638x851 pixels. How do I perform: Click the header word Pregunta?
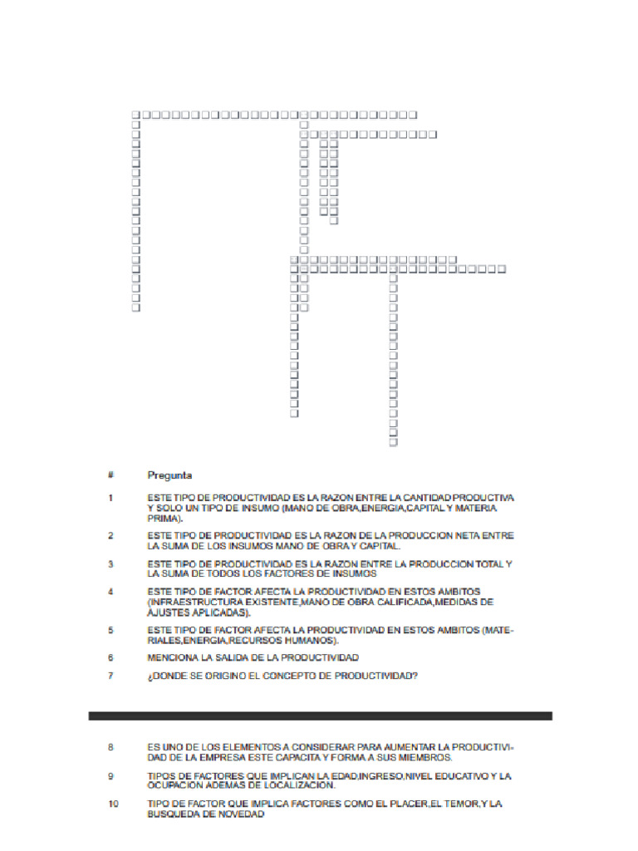[x=169, y=475]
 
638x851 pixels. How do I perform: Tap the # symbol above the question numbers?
[x=110, y=475]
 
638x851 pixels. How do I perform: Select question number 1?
[x=110, y=498]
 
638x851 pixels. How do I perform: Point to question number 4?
[x=110, y=592]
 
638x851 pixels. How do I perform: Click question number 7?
[x=110, y=676]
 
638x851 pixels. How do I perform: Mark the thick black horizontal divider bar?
[x=320, y=716]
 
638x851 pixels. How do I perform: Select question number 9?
[x=110, y=775]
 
